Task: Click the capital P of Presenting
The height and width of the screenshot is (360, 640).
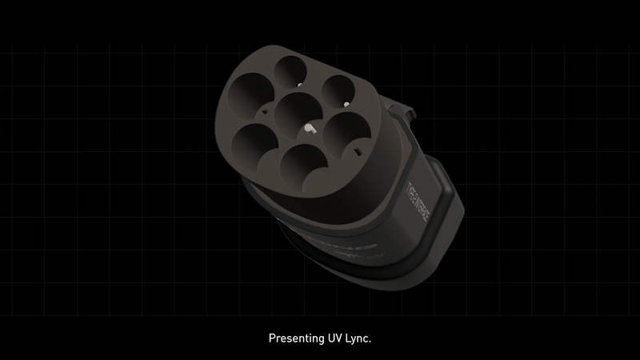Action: tap(270, 338)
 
